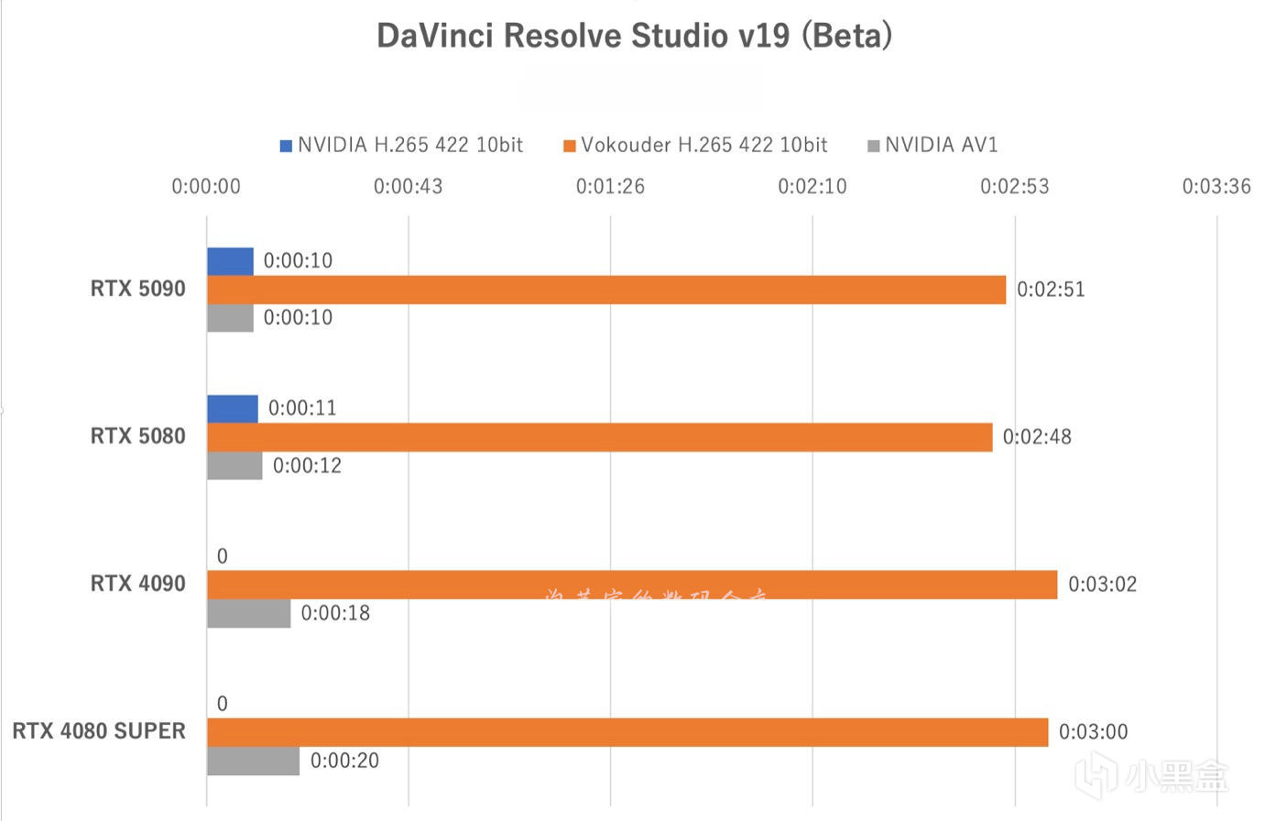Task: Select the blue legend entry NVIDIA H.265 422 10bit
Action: point(402,145)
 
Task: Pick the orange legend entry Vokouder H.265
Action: point(695,145)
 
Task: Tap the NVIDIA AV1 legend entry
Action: point(932,145)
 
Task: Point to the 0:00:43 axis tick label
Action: point(408,187)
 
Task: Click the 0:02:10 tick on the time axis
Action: point(812,187)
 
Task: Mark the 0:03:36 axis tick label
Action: point(1216,187)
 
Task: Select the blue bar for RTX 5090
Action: point(230,261)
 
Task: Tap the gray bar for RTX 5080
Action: point(234,465)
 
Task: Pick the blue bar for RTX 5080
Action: point(233,409)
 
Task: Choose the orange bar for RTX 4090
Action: point(632,585)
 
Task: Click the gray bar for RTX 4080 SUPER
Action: point(253,761)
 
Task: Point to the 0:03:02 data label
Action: point(1102,585)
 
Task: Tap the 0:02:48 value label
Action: point(1037,437)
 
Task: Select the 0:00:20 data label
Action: point(344,761)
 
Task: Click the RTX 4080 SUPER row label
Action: point(99,731)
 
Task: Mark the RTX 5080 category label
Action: point(137,436)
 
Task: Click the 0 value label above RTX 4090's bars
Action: point(222,556)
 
